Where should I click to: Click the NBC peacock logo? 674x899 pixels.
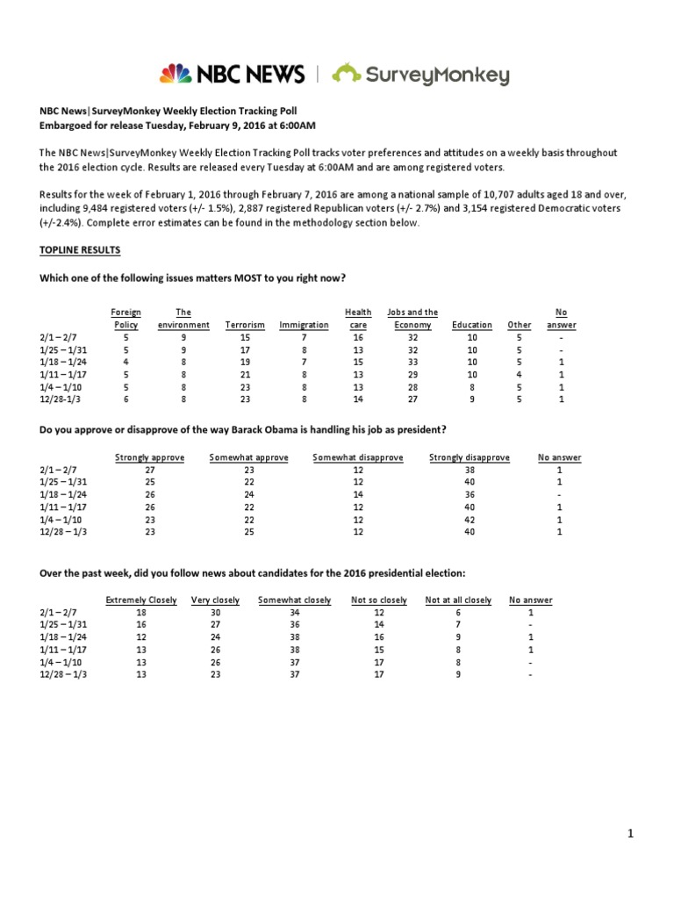click(175, 74)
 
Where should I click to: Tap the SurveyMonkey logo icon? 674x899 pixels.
click(347, 74)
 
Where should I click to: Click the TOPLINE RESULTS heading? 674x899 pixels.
click(80, 250)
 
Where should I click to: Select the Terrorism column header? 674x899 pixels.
click(245, 325)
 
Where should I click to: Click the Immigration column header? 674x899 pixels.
click(304, 325)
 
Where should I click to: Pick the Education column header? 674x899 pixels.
click(471, 325)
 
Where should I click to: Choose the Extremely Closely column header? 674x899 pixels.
click(141, 601)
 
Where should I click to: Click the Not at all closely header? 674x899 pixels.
click(458, 601)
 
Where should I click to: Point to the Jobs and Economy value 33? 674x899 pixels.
click(412, 362)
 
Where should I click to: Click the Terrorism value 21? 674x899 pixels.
click(245, 374)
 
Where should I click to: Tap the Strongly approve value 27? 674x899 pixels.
click(148, 470)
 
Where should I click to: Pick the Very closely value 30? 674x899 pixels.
click(215, 613)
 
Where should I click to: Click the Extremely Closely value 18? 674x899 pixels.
click(141, 613)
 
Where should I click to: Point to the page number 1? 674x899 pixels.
click(630, 834)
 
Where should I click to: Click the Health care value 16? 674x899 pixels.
click(357, 337)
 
